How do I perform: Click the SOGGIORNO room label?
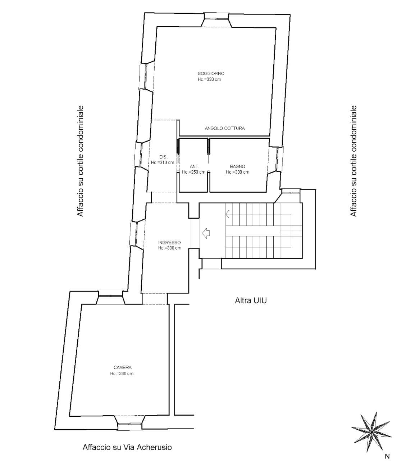point(211,73)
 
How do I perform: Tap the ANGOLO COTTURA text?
point(225,128)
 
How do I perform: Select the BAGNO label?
point(237,166)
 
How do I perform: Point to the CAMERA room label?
point(123,367)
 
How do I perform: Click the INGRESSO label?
point(169,242)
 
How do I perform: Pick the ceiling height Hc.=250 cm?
point(193,172)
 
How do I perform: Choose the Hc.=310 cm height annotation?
point(163,162)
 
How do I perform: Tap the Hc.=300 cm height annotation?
point(170,248)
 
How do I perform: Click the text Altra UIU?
point(251,301)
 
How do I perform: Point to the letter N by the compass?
point(387,456)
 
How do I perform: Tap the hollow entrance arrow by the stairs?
point(206,233)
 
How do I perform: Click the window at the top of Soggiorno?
point(216,19)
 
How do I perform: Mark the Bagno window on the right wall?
point(276,159)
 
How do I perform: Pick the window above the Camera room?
point(110,297)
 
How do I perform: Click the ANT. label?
point(194,166)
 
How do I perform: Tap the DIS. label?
point(163,157)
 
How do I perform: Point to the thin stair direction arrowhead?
point(227,214)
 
